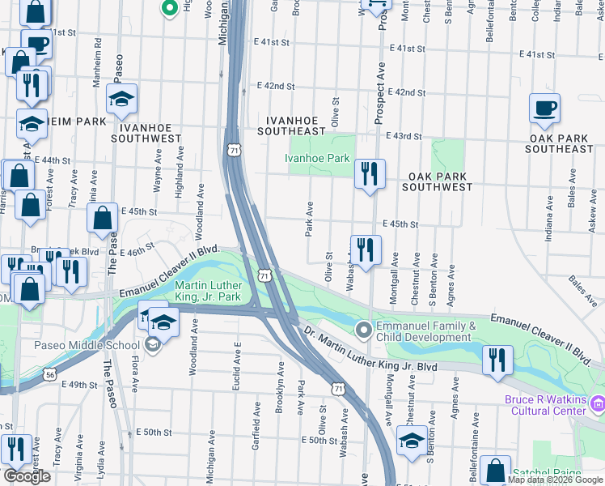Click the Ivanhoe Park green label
pyautogui.click(x=320, y=159)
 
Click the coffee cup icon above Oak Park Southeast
pyautogui.click(x=544, y=109)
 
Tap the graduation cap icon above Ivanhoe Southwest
pyautogui.click(x=122, y=100)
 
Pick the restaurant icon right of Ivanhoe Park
pyautogui.click(x=369, y=174)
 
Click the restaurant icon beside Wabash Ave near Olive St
pyautogui.click(x=366, y=250)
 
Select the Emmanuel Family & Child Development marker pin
pyautogui.click(x=363, y=330)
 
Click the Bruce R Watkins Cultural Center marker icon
pyautogui.click(x=597, y=402)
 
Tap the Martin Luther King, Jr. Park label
pyautogui.click(x=197, y=292)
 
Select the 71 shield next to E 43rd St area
pyautogui.click(x=234, y=151)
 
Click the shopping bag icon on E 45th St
pyautogui.click(x=103, y=219)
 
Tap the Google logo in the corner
pyautogui.click(x=26, y=476)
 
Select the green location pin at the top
pyautogui.click(x=169, y=8)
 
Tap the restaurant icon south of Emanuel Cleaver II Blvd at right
pyautogui.click(x=497, y=360)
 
